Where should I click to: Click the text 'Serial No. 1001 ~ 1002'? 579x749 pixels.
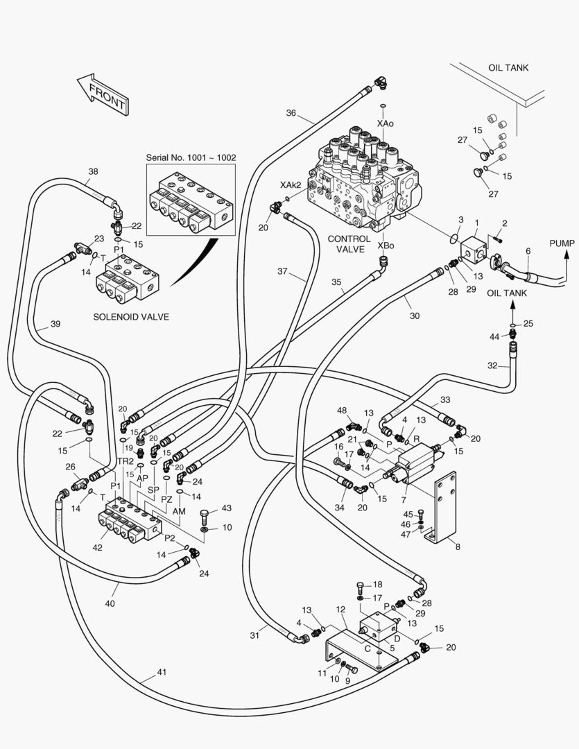(x=191, y=157)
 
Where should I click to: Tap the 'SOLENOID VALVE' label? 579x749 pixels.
(x=131, y=317)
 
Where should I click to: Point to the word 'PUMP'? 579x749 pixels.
(x=562, y=243)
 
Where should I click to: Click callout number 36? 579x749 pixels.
(x=291, y=113)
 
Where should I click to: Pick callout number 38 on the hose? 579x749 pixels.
(x=93, y=171)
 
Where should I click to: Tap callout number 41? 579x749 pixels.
(x=162, y=672)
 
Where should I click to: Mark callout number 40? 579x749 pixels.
(x=110, y=603)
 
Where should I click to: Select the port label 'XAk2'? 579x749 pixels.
(x=291, y=185)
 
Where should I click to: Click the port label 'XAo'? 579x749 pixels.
(x=385, y=123)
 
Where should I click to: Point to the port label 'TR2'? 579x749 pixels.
(x=125, y=461)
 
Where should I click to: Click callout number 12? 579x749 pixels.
(x=340, y=610)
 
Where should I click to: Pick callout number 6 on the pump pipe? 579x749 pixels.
(x=528, y=251)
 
